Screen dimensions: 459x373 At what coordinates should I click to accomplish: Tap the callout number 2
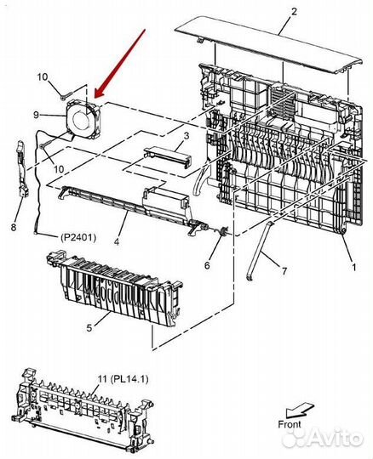point(293,11)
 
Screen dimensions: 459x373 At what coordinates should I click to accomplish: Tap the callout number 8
point(14,227)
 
